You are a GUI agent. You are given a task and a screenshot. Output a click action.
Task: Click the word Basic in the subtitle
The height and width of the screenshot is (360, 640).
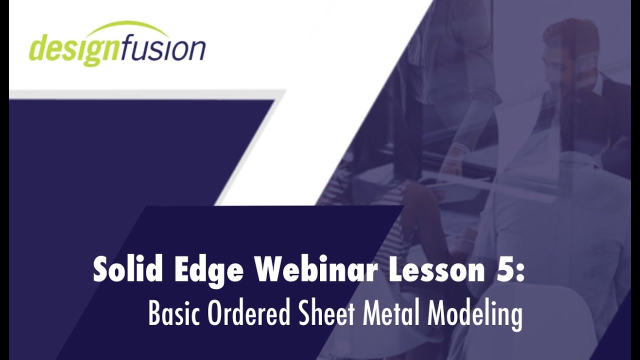[170, 314]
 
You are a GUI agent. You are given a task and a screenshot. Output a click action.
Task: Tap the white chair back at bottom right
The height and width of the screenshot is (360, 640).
[560, 325]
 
